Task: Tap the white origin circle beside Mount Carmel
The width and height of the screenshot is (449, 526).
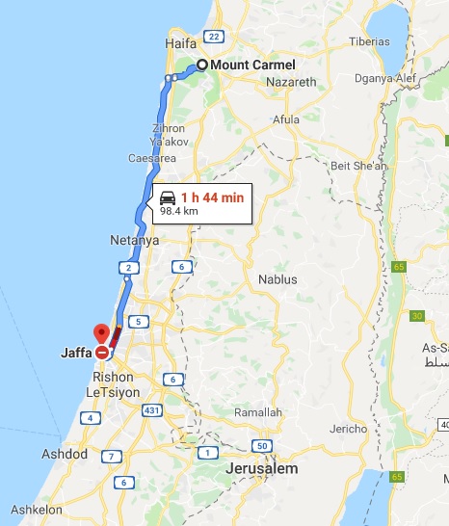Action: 202,66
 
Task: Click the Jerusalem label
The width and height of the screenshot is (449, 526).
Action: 262,469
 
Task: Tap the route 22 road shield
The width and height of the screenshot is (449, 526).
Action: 214,37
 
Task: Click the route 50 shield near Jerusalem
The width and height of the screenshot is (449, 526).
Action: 262,445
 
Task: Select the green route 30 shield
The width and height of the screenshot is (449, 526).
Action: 416,315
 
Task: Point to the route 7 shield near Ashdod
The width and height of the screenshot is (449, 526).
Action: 112,457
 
